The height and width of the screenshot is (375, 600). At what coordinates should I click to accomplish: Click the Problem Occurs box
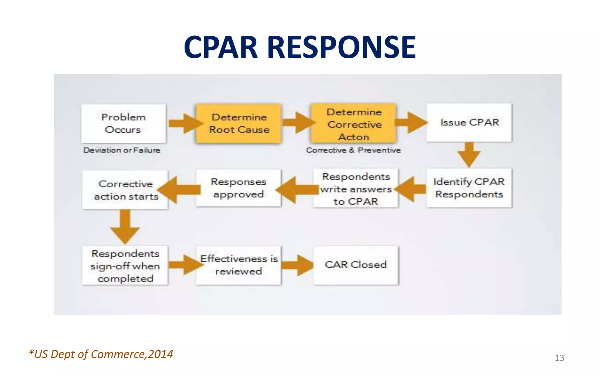click(x=124, y=123)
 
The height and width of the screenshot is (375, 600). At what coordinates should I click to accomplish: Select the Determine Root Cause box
click(x=239, y=123)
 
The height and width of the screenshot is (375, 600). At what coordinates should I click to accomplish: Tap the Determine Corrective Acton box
click(x=354, y=123)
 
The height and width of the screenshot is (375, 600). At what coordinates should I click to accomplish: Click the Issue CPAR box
click(x=469, y=123)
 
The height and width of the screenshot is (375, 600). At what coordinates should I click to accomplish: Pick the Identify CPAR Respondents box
click(x=469, y=188)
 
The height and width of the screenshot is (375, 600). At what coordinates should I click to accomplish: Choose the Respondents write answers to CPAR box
click(x=356, y=189)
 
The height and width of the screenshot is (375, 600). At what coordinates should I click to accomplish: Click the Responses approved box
click(x=238, y=188)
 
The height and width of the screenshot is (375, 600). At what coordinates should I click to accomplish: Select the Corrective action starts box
click(x=125, y=190)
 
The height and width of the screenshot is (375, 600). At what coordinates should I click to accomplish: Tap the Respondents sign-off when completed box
click(x=125, y=266)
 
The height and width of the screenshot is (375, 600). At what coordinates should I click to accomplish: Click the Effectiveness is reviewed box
click(x=238, y=265)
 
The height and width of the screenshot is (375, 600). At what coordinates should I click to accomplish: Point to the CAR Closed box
click(x=356, y=265)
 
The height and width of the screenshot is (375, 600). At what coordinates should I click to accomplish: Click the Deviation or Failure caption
click(x=122, y=150)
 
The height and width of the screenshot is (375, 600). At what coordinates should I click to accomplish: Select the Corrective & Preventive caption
click(x=353, y=150)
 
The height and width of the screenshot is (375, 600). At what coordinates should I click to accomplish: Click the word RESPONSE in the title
click(x=341, y=47)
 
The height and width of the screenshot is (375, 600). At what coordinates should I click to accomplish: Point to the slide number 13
click(x=559, y=358)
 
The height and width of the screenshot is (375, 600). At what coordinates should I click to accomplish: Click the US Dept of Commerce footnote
click(x=101, y=354)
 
